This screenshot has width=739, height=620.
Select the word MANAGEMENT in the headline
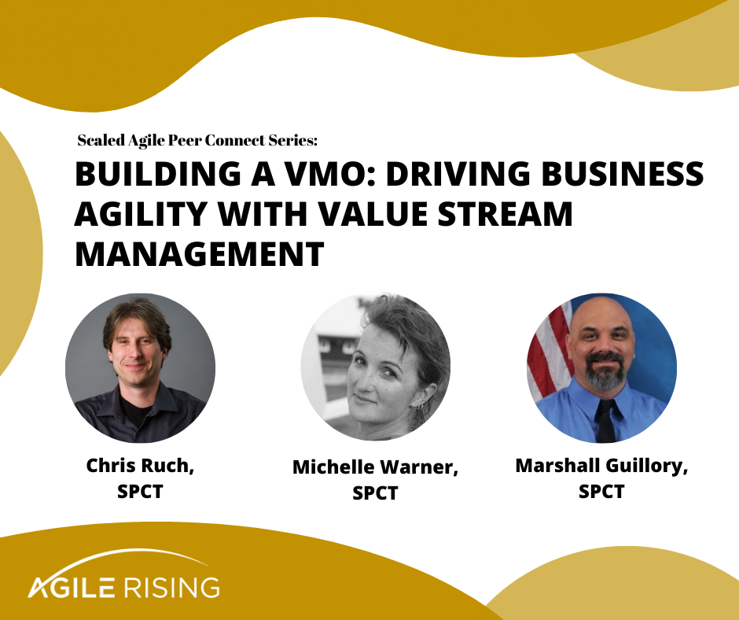click(199, 253)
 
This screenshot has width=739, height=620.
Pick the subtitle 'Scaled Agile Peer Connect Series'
click(197, 141)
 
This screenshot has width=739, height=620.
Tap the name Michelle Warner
click(375, 467)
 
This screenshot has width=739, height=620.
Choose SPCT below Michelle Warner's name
click(375, 493)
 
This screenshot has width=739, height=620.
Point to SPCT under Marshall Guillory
click(601, 492)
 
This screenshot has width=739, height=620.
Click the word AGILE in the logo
click(73, 586)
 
